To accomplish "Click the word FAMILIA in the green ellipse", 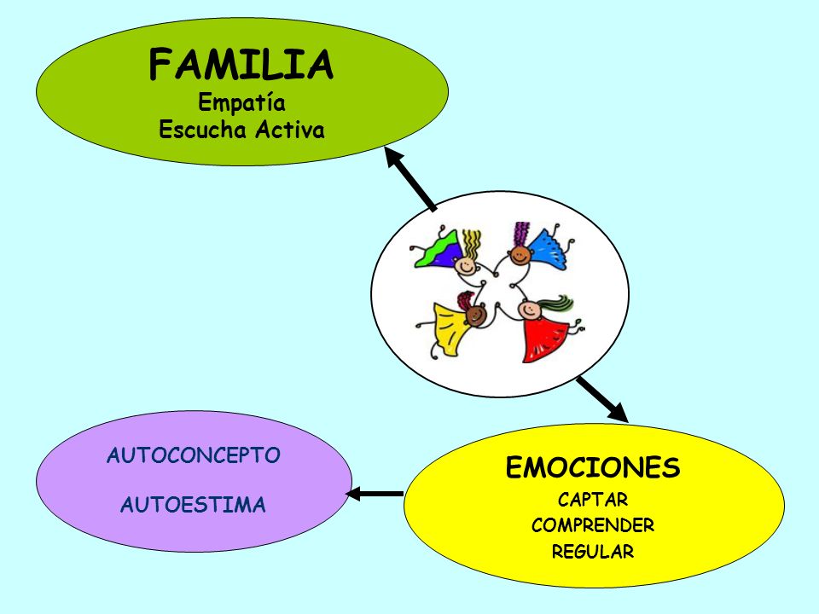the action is (241, 64).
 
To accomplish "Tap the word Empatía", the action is (241, 102).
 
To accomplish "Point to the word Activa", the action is (290, 130).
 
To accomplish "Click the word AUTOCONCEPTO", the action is (194, 455).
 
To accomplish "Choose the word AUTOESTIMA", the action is (194, 505).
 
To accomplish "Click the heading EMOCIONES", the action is (593, 467).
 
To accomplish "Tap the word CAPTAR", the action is (593, 500).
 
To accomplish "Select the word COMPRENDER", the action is (593, 525).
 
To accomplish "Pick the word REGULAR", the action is (593, 552).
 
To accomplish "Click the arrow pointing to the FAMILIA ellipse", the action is (409, 178).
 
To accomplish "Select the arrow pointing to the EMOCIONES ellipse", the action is (602, 399).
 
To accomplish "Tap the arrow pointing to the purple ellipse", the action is (374, 494).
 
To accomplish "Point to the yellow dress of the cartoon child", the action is (450, 328).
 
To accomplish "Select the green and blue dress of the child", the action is (438, 252).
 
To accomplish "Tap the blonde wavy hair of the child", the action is (471, 244).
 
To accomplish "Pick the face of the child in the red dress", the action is (531, 310).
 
